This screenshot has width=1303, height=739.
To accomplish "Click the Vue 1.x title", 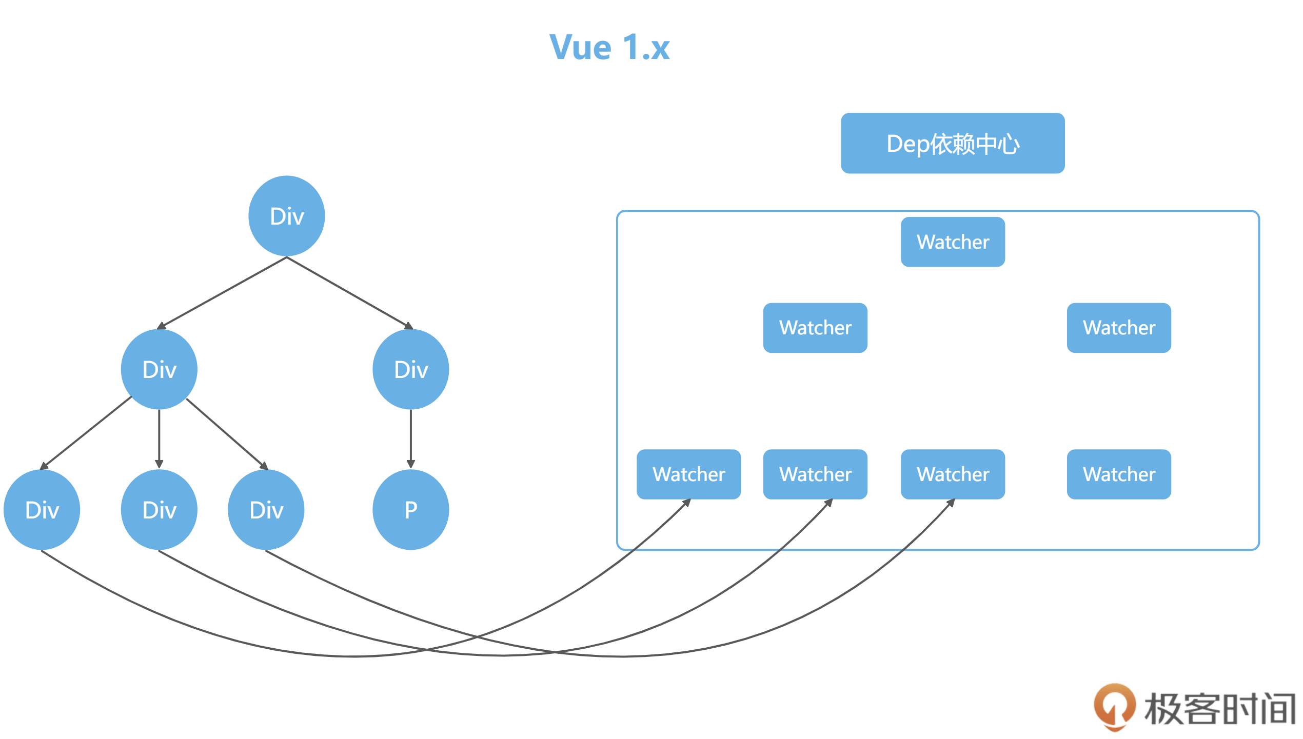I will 609,47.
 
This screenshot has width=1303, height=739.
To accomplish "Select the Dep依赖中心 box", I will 953,143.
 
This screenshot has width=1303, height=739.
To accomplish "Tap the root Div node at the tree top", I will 287,216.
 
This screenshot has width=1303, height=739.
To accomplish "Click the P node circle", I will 410,510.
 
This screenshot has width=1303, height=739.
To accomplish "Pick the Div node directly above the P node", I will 410,369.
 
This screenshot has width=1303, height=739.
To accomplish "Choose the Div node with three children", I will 159,369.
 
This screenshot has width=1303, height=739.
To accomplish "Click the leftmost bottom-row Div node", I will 42,510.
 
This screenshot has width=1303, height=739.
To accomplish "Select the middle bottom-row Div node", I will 159,510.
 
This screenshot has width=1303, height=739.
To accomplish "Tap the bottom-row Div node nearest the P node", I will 266,510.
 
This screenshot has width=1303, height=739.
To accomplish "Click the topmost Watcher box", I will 953,242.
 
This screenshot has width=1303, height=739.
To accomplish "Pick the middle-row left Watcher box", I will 815,327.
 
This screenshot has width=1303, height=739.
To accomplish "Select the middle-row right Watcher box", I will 1119,327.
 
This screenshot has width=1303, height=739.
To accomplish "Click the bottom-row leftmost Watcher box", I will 688,474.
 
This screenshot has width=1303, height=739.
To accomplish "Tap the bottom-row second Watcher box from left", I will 815,474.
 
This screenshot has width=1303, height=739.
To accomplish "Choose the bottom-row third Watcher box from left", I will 953,474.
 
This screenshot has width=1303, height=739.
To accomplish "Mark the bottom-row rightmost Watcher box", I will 1119,474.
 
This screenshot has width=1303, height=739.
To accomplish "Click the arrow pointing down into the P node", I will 410,438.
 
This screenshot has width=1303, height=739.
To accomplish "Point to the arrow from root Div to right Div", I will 349,292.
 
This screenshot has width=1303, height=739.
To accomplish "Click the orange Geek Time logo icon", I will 1115,707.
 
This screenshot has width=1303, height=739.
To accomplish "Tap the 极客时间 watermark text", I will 1220,709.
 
